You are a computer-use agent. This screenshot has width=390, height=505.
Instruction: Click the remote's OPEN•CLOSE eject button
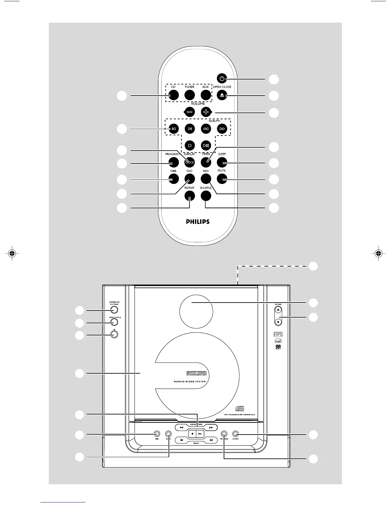222,95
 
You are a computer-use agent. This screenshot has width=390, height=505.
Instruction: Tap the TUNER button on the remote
190,95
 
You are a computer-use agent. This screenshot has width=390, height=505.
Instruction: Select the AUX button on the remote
206,95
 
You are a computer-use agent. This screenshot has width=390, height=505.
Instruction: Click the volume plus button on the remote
206,112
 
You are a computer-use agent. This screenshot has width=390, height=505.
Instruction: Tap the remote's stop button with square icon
190,145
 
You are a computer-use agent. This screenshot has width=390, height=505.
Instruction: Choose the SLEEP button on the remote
222,162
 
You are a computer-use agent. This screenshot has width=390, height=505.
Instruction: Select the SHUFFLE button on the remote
206,196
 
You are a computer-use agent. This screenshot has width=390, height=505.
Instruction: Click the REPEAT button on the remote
190,196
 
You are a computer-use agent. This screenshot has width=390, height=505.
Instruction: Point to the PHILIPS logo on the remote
198,221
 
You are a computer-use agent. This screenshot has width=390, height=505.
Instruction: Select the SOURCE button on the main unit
235,434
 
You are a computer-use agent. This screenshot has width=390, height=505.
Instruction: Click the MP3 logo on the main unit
278,334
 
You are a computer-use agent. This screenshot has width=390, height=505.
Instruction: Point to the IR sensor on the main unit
114,334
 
